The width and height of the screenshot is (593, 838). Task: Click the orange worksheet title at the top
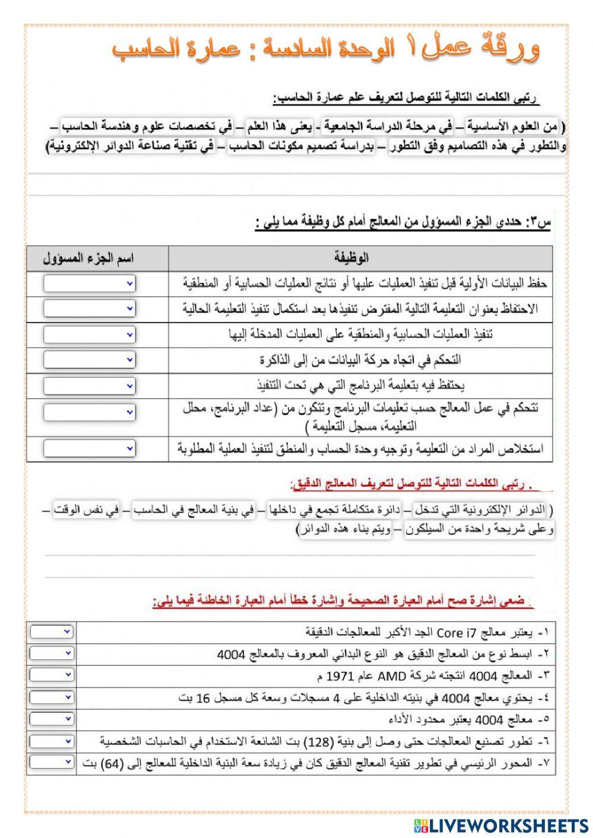326,50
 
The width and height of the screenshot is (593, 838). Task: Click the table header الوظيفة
351,258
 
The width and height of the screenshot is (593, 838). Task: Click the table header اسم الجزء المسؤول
89,259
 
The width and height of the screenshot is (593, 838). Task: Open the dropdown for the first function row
90,284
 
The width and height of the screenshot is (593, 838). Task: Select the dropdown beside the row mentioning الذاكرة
90,359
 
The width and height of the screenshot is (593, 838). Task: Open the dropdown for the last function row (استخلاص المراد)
90,449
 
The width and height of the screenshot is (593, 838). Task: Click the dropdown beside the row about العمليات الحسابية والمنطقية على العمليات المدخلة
90,335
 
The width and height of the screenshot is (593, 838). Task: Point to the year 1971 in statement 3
340,676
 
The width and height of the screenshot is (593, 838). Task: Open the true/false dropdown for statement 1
52,632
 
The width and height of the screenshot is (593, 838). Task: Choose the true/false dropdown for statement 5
52,719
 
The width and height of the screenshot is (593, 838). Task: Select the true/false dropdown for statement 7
52,762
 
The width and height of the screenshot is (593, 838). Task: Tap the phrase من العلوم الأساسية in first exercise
512,126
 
